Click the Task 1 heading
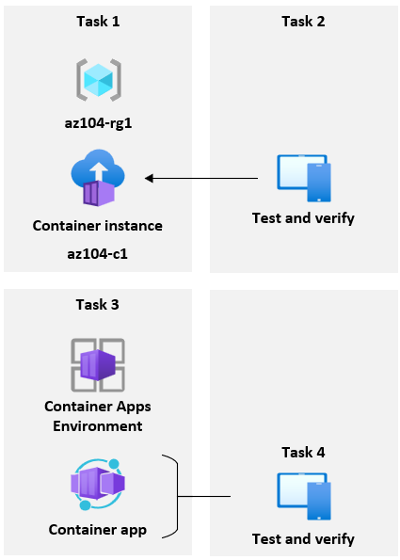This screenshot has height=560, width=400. [x=97, y=22]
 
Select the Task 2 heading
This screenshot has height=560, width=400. [x=303, y=22]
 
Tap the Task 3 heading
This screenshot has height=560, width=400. [x=97, y=305]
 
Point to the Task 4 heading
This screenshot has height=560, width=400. [x=303, y=453]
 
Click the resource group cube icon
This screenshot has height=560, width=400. [x=98, y=79]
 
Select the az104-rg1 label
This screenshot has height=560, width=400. [x=98, y=124]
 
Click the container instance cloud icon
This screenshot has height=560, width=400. [x=98, y=182]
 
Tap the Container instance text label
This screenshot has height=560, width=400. [x=98, y=226]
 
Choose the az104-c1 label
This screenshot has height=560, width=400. [x=98, y=254]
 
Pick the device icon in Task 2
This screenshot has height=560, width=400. [x=303, y=178]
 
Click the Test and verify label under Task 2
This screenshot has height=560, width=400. [x=303, y=218]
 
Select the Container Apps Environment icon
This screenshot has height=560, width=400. [x=98, y=364]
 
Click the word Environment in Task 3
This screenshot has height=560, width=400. [x=98, y=426]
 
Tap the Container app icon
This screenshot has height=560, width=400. [x=98, y=485]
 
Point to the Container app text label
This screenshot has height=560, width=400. [x=98, y=530]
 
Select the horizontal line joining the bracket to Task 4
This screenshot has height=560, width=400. [x=204, y=496]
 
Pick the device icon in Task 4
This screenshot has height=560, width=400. [x=303, y=496]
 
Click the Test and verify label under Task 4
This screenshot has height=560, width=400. [x=303, y=538]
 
